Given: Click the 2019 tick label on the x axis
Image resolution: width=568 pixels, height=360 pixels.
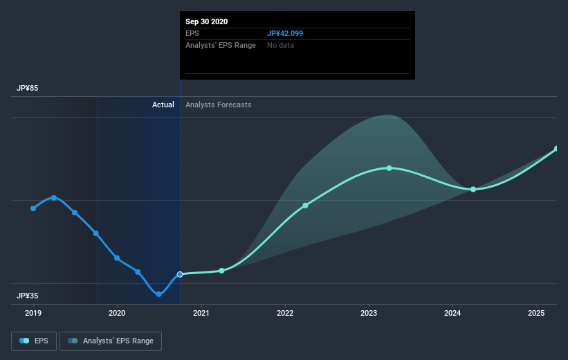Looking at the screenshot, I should click(x=33, y=314).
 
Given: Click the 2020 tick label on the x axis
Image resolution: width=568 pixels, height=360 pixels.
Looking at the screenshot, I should click(x=117, y=314).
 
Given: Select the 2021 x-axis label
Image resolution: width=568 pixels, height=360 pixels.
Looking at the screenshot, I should click(x=201, y=314).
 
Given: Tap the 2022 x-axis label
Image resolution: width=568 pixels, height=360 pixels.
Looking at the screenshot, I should click(x=285, y=314).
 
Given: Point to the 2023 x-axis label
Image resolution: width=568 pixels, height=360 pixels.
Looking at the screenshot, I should click(x=369, y=314).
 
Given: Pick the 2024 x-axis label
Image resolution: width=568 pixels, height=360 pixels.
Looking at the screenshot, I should click(x=452, y=314).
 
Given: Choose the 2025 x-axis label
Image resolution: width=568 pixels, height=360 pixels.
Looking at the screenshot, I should click(x=536, y=314).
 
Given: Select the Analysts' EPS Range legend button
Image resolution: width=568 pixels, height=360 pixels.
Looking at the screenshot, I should click(x=111, y=341).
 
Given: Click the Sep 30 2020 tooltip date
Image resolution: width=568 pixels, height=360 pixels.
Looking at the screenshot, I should click(x=207, y=21).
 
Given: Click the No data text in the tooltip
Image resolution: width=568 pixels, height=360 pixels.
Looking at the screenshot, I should click(x=280, y=45).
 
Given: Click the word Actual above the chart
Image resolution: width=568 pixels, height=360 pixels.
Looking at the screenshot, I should click(x=163, y=105).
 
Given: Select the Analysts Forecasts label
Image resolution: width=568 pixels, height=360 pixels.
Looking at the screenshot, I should click(x=219, y=105).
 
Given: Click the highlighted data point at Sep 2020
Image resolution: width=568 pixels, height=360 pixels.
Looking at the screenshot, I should click(x=180, y=274).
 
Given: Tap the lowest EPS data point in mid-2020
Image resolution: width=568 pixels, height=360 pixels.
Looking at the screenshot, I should click(x=158, y=294).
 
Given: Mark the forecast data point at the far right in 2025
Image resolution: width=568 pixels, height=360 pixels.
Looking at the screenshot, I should click(x=557, y=149).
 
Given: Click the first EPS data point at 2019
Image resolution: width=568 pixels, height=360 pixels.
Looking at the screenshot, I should click(x=33, y=208).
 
